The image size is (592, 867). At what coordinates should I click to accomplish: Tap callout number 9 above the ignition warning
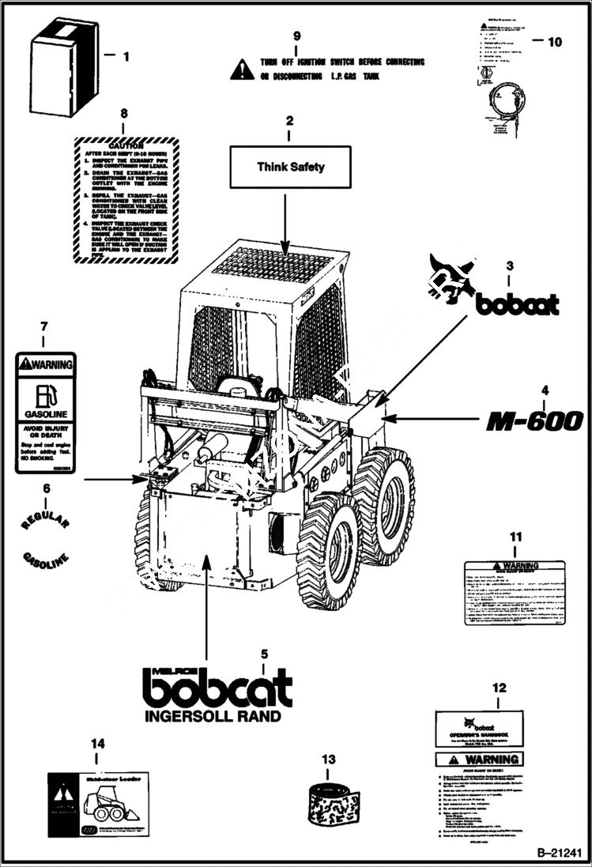point(297,36)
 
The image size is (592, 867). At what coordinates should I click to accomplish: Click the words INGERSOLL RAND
point(212,717)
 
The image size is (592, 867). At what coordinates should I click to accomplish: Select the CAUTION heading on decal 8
point(126,146)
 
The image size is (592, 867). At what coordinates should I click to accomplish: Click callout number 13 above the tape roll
point(328,760)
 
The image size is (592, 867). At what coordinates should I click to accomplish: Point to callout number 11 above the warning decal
point(515,537)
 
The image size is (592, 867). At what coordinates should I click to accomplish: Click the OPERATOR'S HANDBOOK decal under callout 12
point(480,729)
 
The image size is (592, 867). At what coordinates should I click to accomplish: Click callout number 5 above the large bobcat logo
point(265,654)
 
